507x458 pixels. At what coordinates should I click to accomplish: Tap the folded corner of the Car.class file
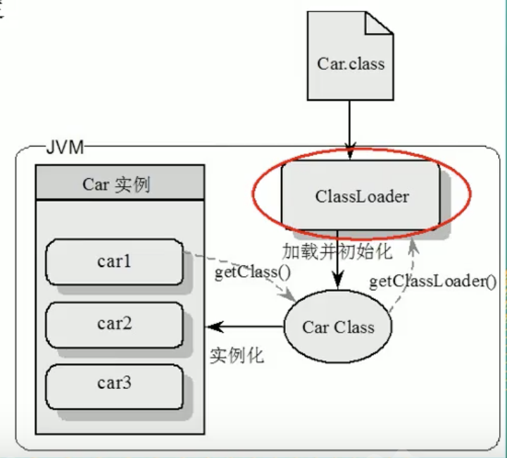[x=380, y=26]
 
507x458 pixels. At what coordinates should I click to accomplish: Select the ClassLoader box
[x=361, y=195]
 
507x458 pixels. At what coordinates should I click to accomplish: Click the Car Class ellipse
[x=337, y=328]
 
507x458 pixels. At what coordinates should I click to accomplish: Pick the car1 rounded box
[x=114, y=261]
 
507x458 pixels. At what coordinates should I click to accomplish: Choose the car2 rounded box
[x=114, y=323]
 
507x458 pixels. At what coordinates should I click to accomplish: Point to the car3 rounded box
[x=114, y=384]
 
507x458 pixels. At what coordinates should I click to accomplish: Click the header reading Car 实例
[x=119, y=184]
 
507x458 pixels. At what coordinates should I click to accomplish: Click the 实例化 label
[x=237, y=355]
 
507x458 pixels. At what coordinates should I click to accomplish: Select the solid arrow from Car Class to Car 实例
[x=246, y=327]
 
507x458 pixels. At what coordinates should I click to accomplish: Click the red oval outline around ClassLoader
[x=256, y=197]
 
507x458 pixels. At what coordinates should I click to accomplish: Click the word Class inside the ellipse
[x=353, y=328]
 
